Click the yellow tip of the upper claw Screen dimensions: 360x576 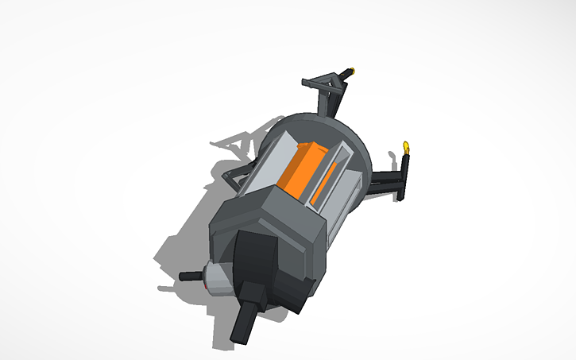point(350,71)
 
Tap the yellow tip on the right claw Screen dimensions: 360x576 point(407,145)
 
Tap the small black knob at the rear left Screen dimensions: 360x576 point(190,277)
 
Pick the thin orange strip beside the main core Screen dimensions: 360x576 point(323,188)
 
